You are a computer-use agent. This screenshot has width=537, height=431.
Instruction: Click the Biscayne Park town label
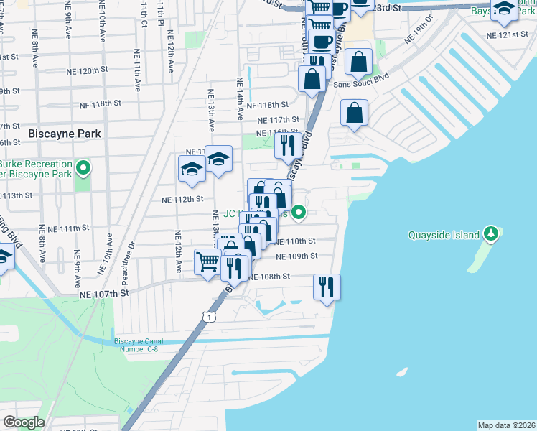point(64,134)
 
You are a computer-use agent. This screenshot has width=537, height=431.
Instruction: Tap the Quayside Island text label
point(445,234)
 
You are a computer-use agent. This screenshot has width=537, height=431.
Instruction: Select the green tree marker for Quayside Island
point(491,233)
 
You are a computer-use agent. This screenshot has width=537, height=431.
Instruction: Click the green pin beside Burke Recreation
point(83,169)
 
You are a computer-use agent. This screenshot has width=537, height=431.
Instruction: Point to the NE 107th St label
point(103,294)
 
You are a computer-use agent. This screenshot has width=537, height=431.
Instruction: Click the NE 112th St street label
point(182,199)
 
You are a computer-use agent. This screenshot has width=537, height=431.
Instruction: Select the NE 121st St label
point(507,34)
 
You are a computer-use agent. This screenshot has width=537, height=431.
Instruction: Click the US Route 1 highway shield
point(208,316)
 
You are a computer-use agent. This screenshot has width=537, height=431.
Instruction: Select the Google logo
point(23,422)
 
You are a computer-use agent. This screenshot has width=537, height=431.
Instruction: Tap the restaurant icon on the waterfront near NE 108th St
point(327,287)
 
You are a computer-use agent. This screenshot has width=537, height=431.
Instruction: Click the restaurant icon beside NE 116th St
point(287,145)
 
